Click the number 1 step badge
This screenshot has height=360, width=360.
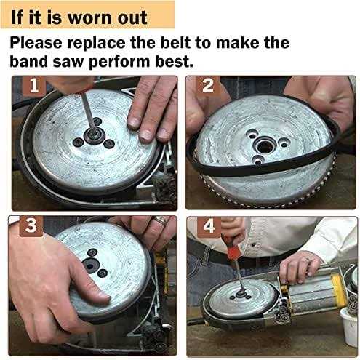pos(34,86)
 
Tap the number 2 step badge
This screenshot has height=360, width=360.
pos(208,86)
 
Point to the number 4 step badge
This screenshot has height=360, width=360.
pos(209,226)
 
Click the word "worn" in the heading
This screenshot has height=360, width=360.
pos(89,18)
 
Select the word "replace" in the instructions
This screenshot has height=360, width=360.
pos(96,43)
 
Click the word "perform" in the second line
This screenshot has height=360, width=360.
pos(119,63)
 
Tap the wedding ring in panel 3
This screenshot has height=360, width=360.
pos(159,220)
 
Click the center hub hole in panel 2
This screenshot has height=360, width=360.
pos(264,146)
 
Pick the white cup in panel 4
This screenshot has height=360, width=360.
pos(349,327)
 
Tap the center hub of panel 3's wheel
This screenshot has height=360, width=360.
pos(90,265)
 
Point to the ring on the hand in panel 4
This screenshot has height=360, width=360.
pos(307,260)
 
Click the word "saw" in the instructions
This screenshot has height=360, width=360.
pos(68,63)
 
